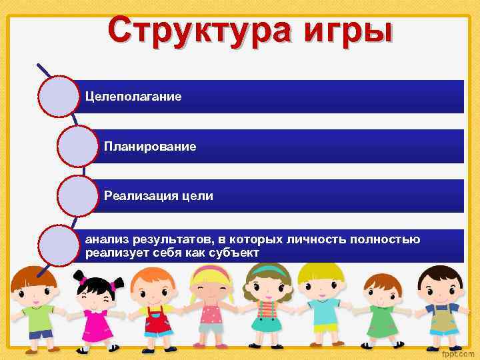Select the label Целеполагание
tap(133, 97)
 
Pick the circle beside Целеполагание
tap(59, 97)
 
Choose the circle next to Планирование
tap(78, 146)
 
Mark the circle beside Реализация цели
tap(78, 195)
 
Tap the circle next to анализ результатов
tap(59, 245)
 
